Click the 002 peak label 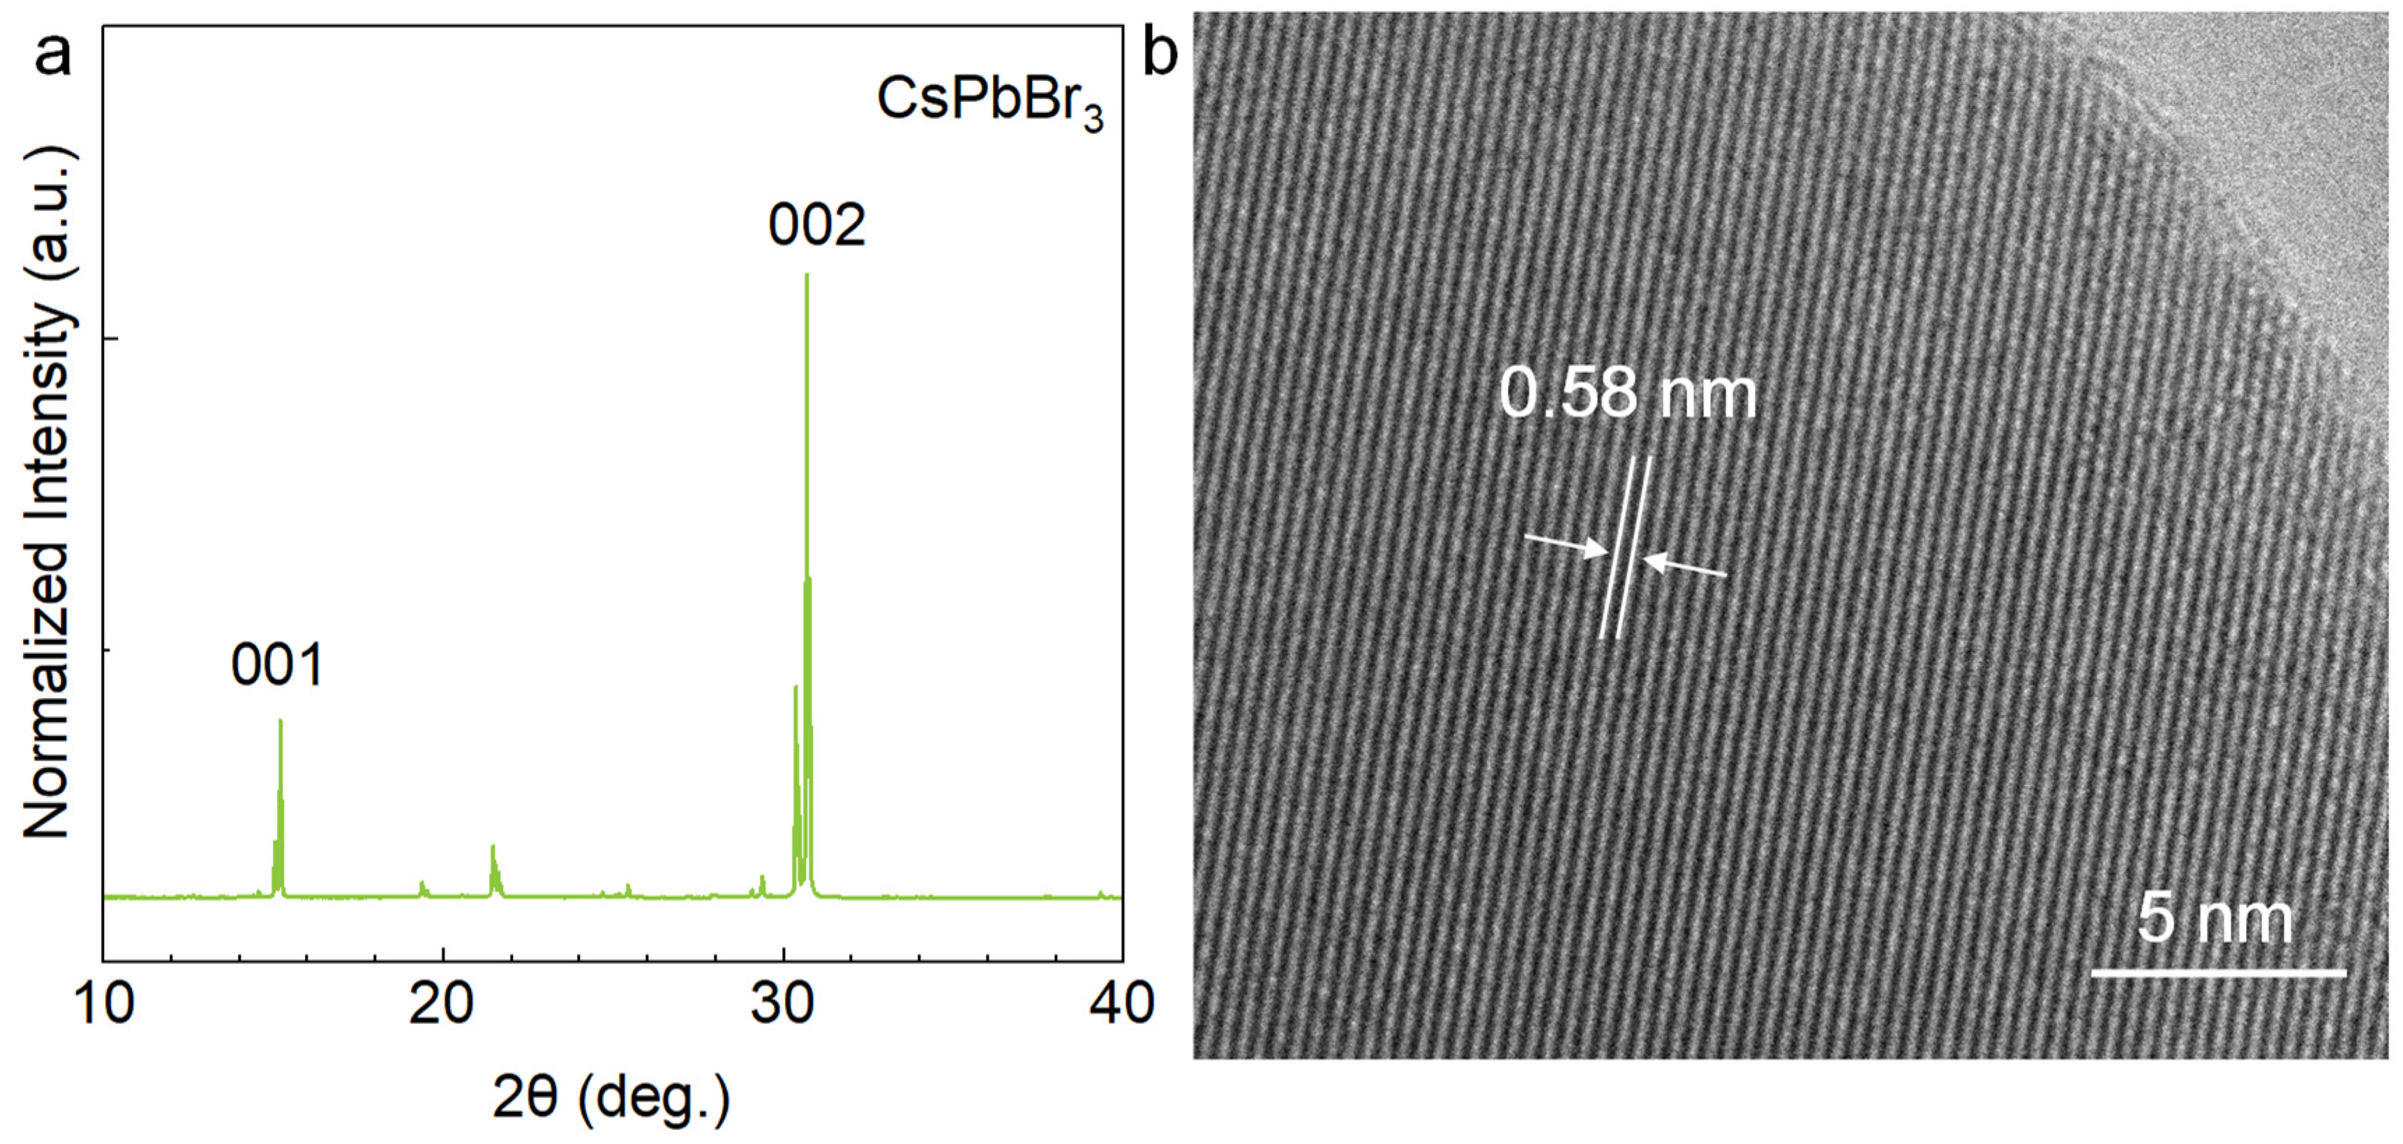816,225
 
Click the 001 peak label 276,665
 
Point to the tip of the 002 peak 806,275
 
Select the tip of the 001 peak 280,721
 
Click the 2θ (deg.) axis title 611,1099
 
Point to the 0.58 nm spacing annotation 1628,393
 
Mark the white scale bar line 2218,973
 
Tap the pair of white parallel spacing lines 1625,548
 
